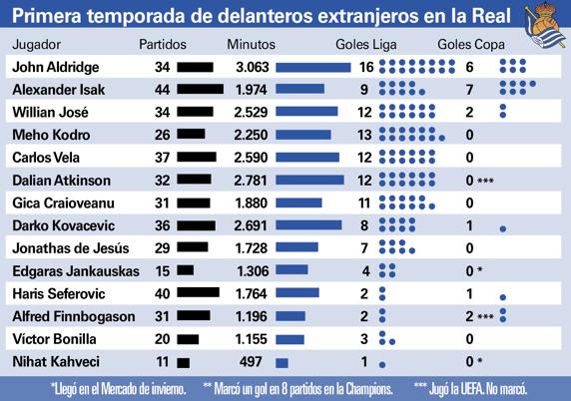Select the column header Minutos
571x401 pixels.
[x=252, y=46]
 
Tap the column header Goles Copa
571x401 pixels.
[x=471, y=46]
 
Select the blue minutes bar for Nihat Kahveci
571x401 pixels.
[x=282, y=360]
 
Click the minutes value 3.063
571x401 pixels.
[x=253, y=67]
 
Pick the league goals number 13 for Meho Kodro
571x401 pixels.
[x=364, y=135]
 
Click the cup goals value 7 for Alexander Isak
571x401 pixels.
[x=470, y=90]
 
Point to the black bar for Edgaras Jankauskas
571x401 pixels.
[x=185, y=270]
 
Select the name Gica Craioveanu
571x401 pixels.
[x=53, y=202]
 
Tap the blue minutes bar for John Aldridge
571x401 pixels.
[x=311, y=67]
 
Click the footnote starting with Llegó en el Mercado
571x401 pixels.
[x=120, y=386]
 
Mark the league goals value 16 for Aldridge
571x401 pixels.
[x=364, y=67]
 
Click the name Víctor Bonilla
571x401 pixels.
[x=46, y=337]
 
